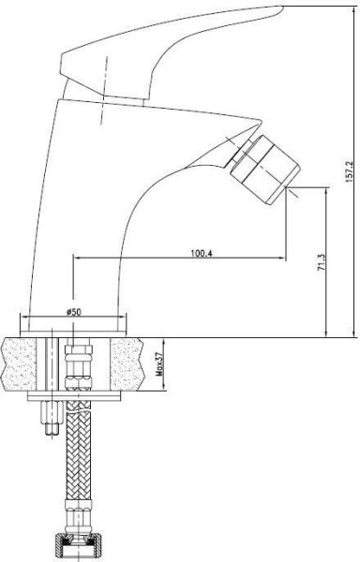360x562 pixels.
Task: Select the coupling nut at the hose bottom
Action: (x=79, y=541)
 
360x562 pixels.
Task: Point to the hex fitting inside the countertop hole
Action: (x=78, y=361)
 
